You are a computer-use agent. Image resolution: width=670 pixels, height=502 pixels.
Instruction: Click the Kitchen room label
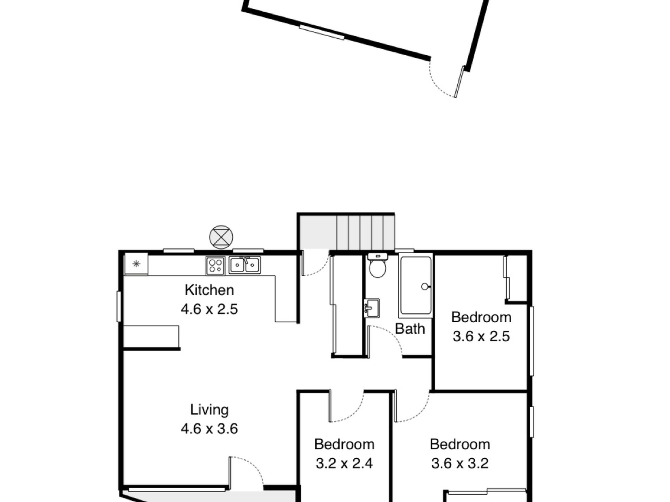[x=209, y=290]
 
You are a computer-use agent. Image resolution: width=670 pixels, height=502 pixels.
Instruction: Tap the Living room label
[x=209, y=410]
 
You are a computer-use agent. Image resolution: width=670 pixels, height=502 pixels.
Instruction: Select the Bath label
[x=410, y=329]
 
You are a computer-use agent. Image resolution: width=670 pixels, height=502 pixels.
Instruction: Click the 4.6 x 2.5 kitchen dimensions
[x=209, y=309]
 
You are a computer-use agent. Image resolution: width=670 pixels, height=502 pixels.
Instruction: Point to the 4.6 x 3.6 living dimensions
[x=209, y=429]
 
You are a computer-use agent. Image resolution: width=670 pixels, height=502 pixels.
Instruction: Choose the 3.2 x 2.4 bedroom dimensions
[x=344, y=464]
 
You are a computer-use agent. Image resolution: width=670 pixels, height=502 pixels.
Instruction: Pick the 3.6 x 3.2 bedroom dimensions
[x=459, y=464]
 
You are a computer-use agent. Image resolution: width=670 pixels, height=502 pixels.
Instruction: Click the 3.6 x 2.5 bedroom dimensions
[x=481, y=336]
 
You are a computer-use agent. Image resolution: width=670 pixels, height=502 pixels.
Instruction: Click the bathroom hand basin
[x=372, y=308]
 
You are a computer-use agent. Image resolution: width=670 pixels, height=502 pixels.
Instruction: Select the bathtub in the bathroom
[x=415, y=285]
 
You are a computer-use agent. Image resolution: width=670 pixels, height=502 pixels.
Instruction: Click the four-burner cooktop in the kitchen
[x=215, y=266]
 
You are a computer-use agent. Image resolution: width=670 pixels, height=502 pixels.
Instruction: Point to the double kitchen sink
[x=245, y=265]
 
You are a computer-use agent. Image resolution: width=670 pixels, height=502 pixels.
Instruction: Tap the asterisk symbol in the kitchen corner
[x=136, y=264]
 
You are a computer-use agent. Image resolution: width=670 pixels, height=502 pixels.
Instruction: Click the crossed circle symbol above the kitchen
[x=221, y=236]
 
